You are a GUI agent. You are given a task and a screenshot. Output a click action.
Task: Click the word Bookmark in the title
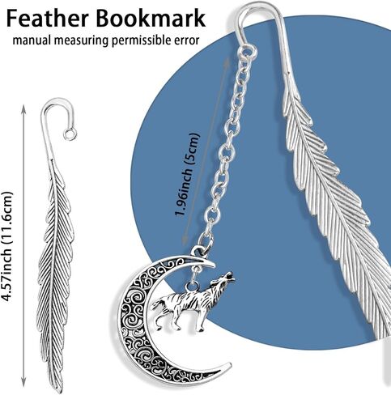click(x=151, y=18)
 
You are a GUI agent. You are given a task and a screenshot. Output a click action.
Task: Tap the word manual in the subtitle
click(x=32, y=40)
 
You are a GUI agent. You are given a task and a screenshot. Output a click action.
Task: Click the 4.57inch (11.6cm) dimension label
click(x=6, y=247)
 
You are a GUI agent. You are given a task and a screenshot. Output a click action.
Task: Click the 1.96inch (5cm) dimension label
click(x=187, y=174)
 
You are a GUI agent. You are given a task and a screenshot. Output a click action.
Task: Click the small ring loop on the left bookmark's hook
click(x=70, y=134)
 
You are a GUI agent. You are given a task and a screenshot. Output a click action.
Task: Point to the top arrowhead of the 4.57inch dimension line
click(x=23, y=108)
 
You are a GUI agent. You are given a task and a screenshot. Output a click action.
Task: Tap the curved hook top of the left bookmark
click(x=55, y=103)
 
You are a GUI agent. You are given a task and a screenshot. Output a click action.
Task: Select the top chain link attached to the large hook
click(x=248, y=51)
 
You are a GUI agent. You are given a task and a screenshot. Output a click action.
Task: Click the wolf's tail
click(x=156, y=305)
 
